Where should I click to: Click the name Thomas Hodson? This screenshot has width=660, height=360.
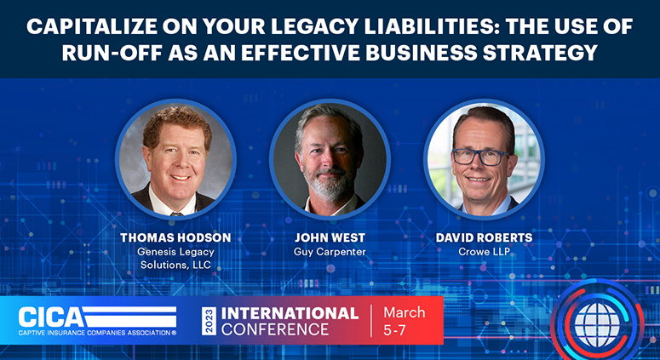click(175, 237)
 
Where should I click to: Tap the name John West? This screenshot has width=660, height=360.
click(330, 237)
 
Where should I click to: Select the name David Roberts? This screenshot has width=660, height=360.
click(484, 237)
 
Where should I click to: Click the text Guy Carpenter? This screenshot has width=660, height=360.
click(330, 252)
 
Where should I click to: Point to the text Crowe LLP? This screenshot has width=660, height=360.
click(484, 252)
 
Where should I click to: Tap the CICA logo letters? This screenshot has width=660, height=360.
click(50, 317)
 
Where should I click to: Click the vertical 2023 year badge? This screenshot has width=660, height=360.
click(209, 321)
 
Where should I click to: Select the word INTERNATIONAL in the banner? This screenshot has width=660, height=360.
click(290, 313)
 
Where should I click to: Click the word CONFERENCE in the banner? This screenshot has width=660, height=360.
click(275, 329)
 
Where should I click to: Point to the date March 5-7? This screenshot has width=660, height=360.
click(404, 322)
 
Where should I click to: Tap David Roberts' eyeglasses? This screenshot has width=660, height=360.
click(480, 157)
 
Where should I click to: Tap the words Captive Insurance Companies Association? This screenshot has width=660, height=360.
click(95, 333)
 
